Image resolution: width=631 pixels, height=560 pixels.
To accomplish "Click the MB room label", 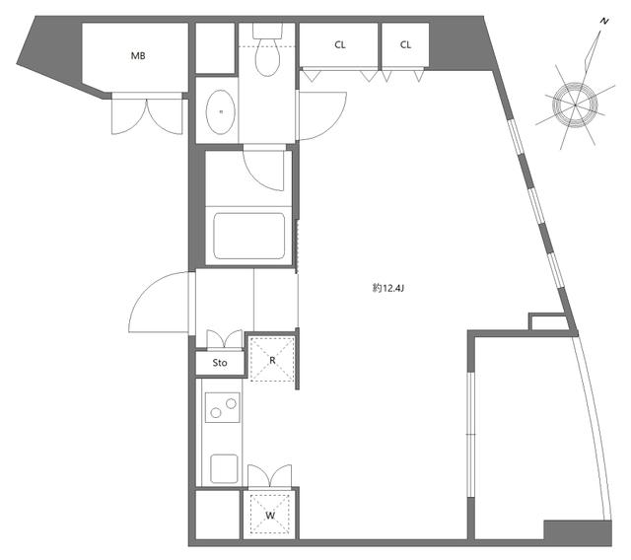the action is (138, 56).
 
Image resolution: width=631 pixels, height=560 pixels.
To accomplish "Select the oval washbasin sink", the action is (220, 111).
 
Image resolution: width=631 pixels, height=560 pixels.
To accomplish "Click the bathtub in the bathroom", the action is (249, 237).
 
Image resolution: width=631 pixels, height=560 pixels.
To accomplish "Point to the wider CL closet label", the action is (339, 44).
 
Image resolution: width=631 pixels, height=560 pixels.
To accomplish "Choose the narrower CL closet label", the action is (405, 44).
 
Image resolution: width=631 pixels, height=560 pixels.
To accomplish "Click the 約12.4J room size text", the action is (387, 288).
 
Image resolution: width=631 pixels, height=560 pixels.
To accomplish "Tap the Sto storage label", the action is (220, 363).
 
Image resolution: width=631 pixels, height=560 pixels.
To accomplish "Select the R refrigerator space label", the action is (272, 361).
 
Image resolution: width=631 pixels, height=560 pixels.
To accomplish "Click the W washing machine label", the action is (270, 516).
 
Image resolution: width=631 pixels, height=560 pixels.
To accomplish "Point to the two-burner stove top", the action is (223, 407).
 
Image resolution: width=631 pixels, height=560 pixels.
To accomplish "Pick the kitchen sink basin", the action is (224, 468).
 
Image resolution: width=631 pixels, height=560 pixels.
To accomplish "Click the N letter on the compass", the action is (603, 22).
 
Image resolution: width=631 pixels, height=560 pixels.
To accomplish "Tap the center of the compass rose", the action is (576, 105).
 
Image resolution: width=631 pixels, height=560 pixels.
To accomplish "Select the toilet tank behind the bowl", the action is (267, 31).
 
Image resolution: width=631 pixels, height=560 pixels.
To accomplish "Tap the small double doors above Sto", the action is (225, 339).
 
